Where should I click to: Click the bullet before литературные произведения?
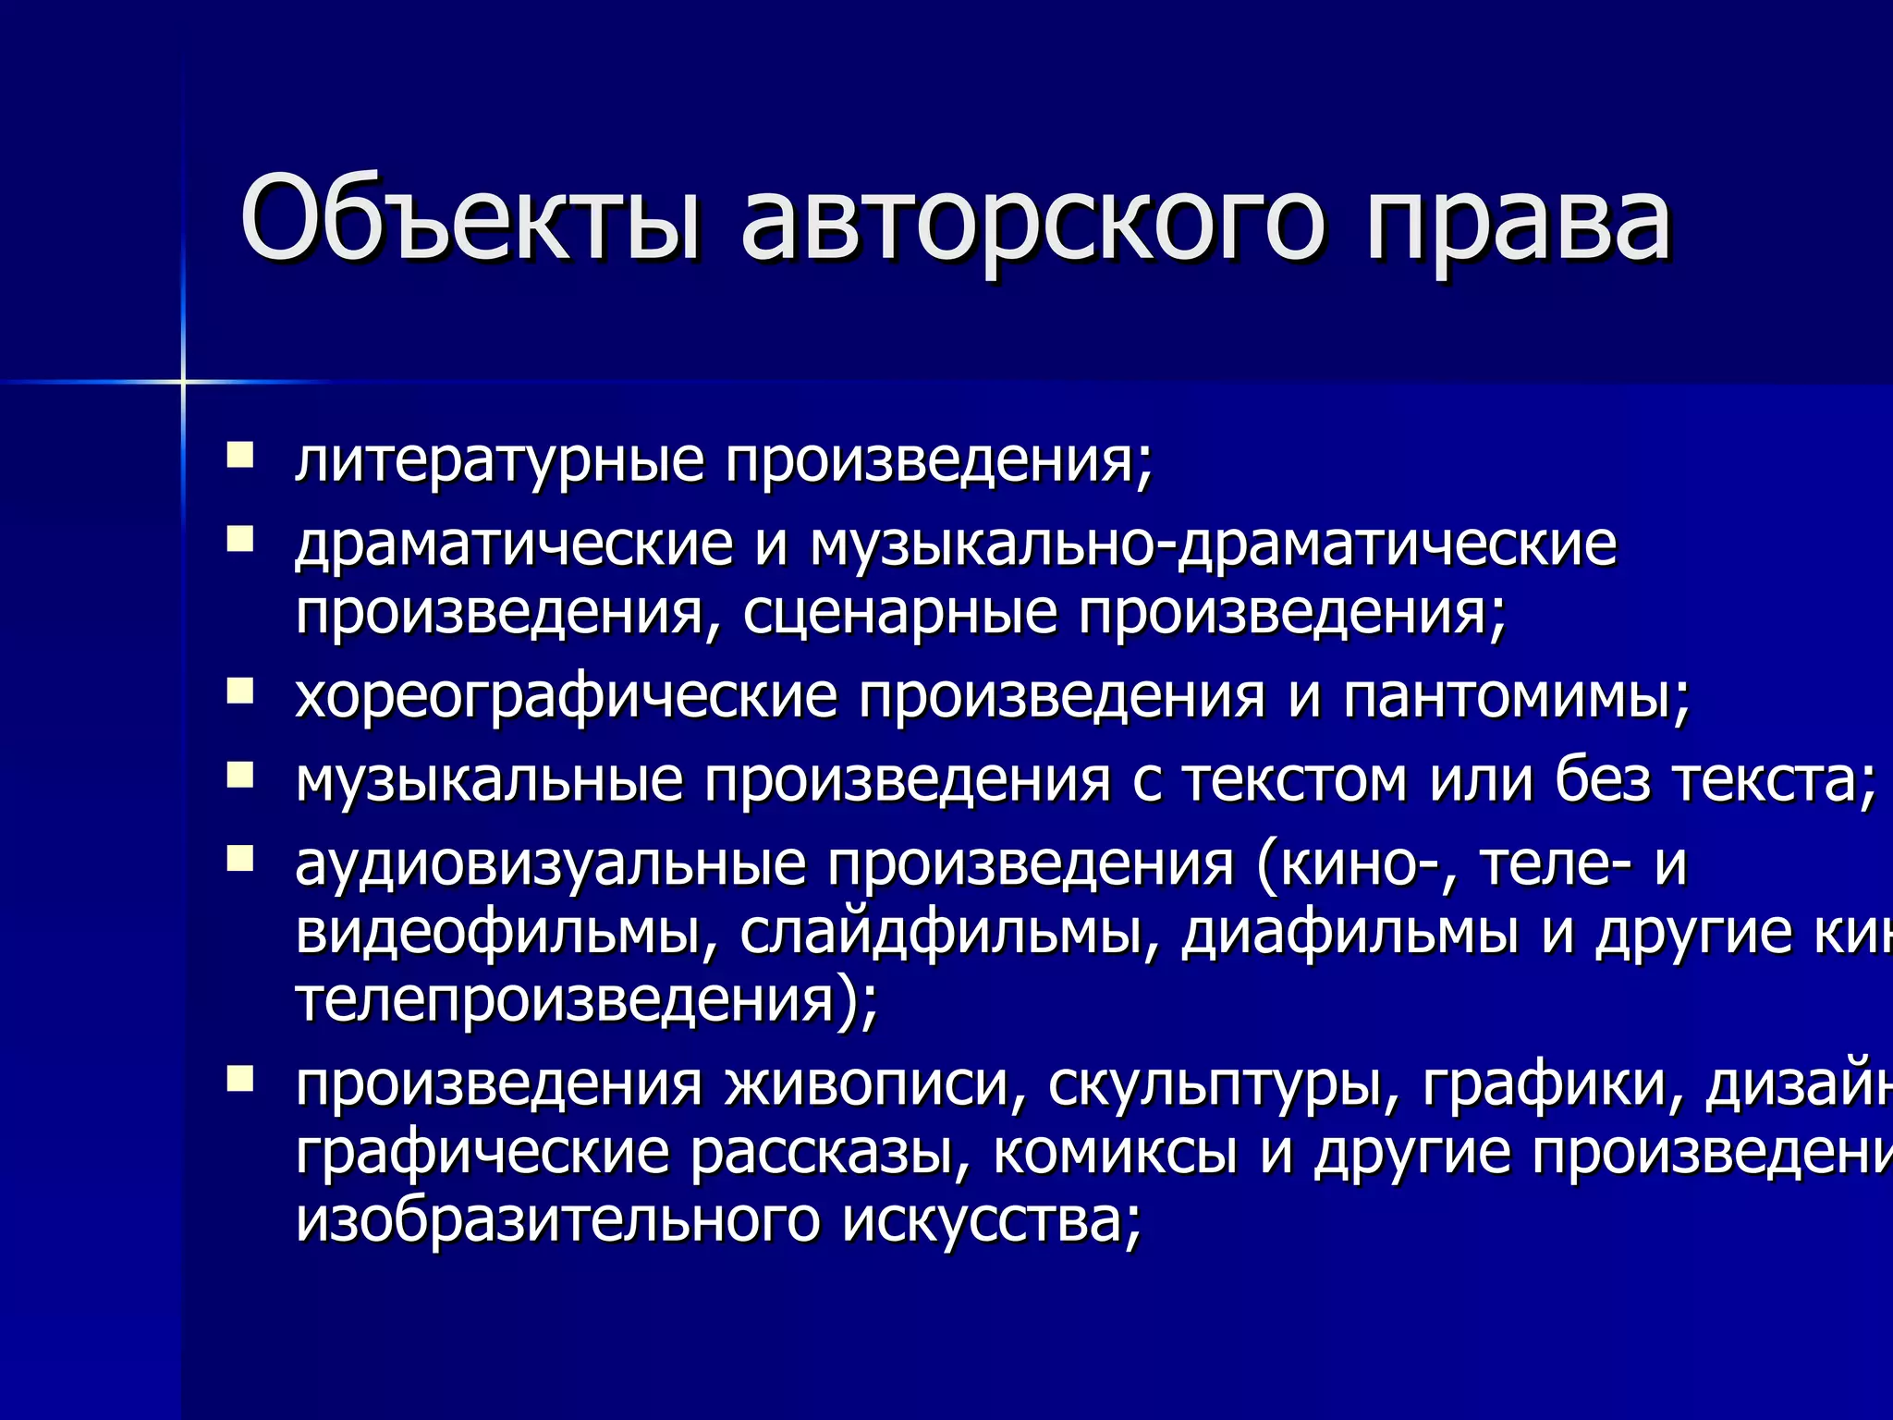tap(240, 455)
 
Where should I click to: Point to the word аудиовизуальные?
tap(550, 864)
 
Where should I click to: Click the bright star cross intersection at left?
tap(183, 381)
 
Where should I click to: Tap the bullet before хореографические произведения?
tap(240, 691)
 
